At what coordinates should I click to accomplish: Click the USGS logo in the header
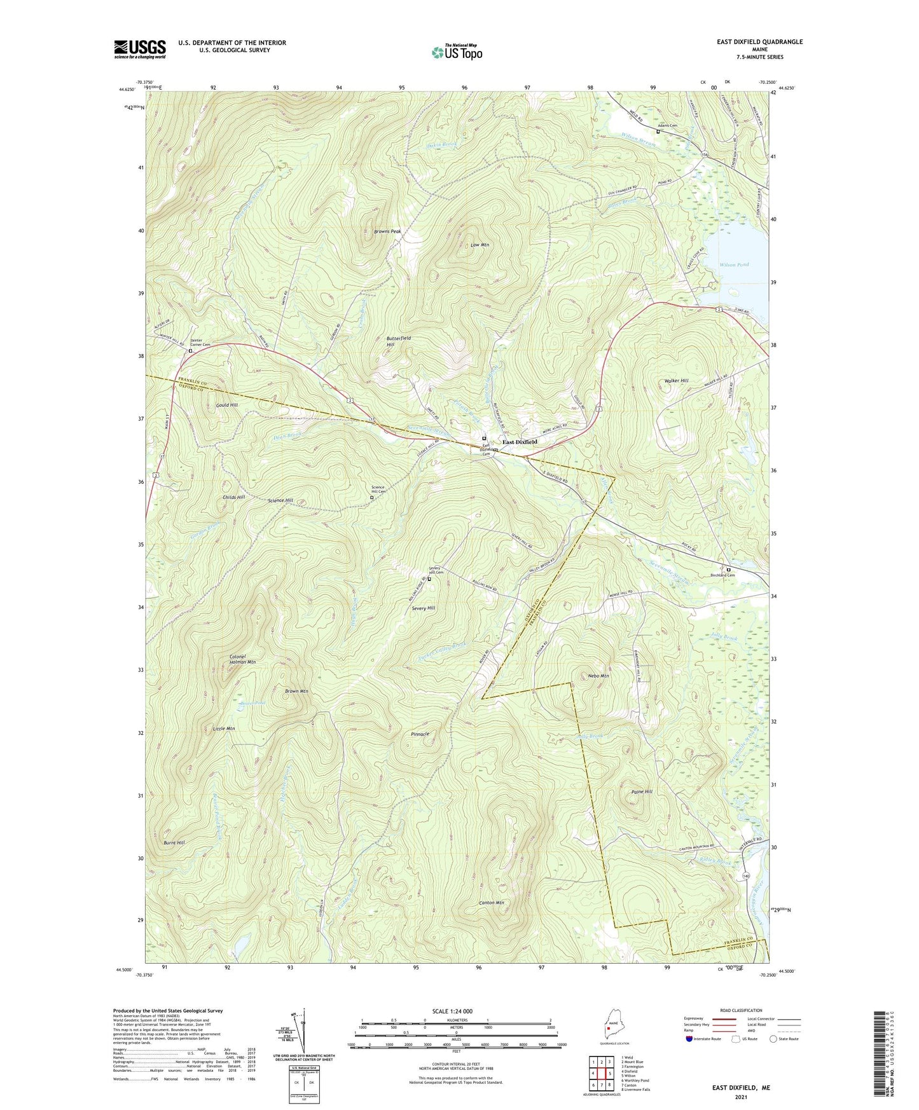point(139,49)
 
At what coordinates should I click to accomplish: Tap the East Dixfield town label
point(520,442)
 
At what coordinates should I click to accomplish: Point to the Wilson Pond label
point(734,264)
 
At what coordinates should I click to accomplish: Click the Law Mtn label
point(480,244)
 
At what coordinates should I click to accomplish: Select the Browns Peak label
point(387,231)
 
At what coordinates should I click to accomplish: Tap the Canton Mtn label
point(491,903)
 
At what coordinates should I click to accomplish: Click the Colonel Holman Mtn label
point(242,659)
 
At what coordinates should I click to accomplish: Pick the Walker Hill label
point(676,381)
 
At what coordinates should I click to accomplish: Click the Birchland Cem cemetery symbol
point(729,569)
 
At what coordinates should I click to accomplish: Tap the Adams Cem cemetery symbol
point(658,132)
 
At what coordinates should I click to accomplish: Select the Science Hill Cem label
point(379,490)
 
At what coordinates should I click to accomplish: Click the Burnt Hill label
point(174,842)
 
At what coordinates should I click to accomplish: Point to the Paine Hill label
point(642,791)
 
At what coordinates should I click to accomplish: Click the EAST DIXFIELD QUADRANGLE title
point(759,42)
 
